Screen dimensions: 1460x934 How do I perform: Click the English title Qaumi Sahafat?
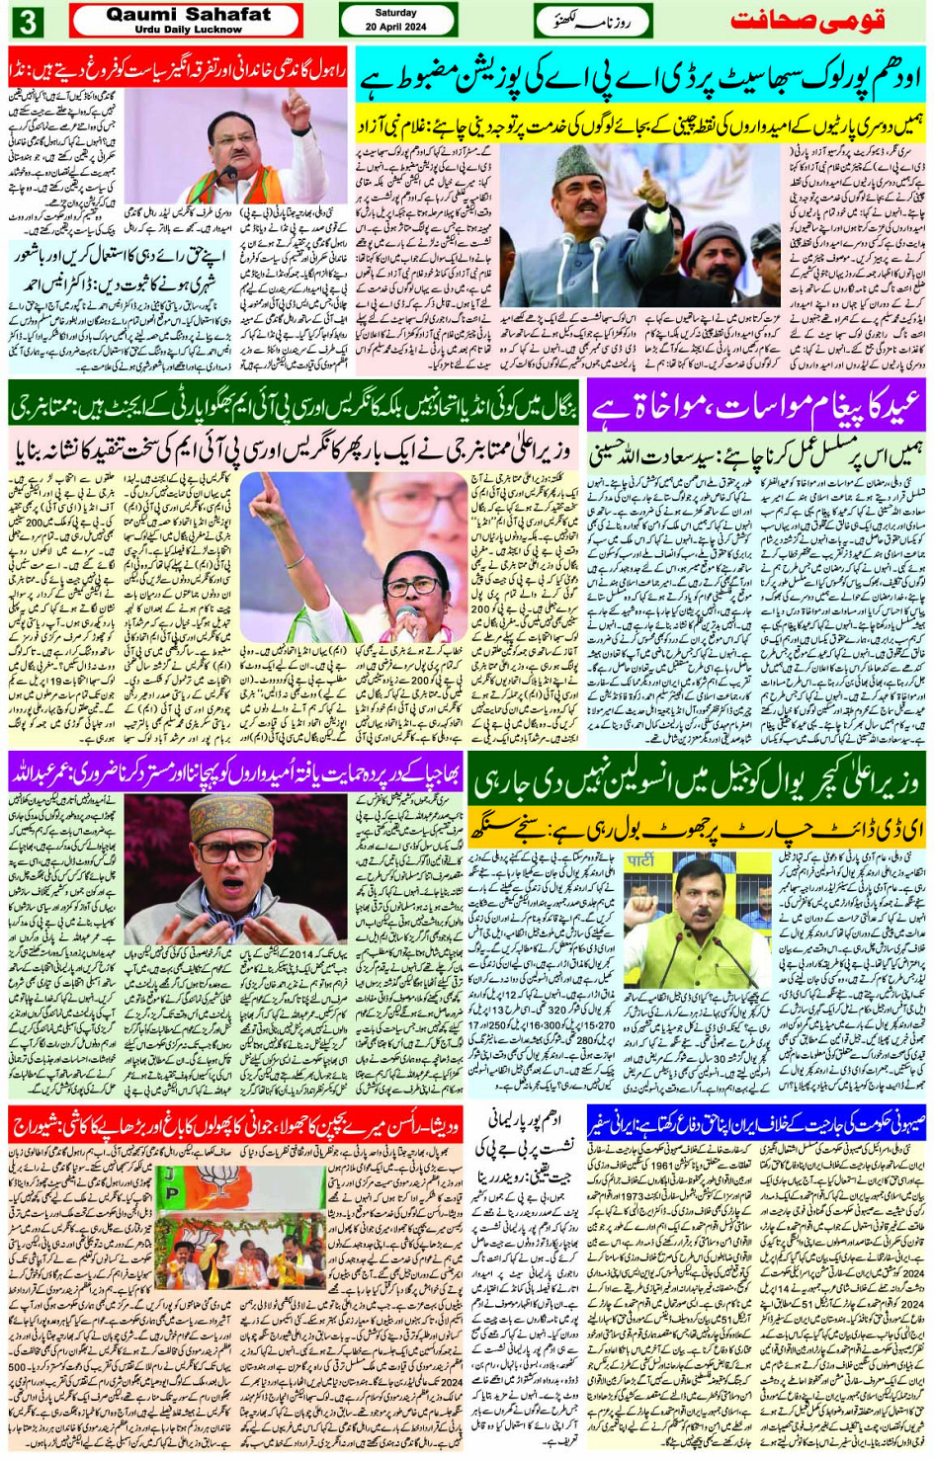(x=188, y=14)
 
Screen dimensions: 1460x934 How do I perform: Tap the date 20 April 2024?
(x=396, y=27)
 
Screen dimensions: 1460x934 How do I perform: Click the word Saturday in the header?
(x=396, y=13)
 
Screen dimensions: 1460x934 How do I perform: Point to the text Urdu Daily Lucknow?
(x=188, y=30)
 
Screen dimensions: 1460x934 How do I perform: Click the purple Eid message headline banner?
(x=756, y=406)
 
